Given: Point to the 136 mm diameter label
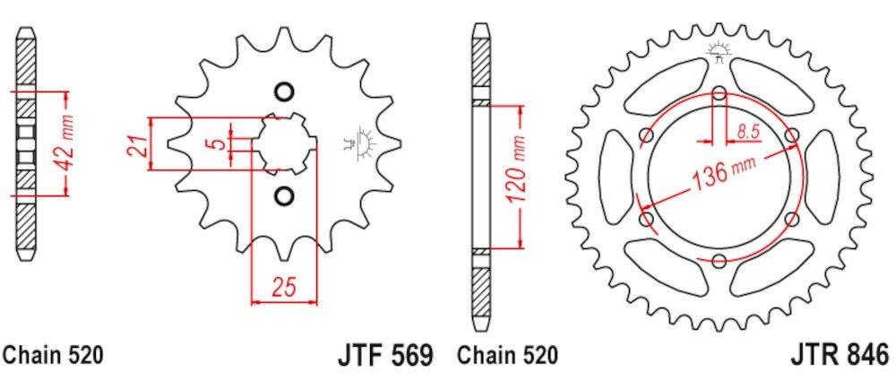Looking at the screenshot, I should [x=725, y=175].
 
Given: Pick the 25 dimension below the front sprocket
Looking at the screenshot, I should [x=285, y=290].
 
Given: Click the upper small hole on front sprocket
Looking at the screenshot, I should [x=284, y=92].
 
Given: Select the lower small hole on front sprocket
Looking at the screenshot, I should [x=284, y=195].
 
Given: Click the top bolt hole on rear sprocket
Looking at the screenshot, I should [x=719, y=91].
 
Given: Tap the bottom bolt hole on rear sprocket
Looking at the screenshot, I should [x=719, y=260].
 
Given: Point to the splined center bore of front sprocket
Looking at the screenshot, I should [x=285, y=143].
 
